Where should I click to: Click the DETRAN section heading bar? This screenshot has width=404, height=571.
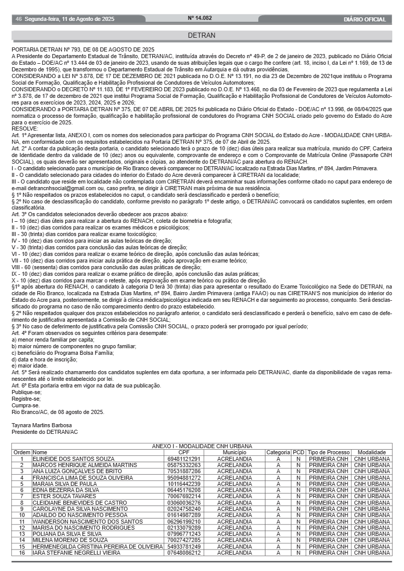202,36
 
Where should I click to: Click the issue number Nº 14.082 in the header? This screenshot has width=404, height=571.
200,18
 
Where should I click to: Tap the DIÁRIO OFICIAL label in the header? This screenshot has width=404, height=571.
364,19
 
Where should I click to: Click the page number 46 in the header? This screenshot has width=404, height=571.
19,19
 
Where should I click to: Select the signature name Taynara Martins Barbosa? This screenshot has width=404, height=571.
42,425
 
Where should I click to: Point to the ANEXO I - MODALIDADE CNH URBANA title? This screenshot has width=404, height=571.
202,446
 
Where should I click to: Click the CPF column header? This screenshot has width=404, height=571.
183,452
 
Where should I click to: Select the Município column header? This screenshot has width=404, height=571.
234,452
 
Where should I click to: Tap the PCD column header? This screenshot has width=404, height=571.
298,452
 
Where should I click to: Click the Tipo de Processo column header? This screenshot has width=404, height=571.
329,452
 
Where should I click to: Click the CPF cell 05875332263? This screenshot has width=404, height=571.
183,465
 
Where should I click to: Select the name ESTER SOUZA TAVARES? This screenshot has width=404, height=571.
64,496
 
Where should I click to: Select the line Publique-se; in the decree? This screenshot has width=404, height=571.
26,393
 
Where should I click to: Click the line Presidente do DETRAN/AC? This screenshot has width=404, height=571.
45,431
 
